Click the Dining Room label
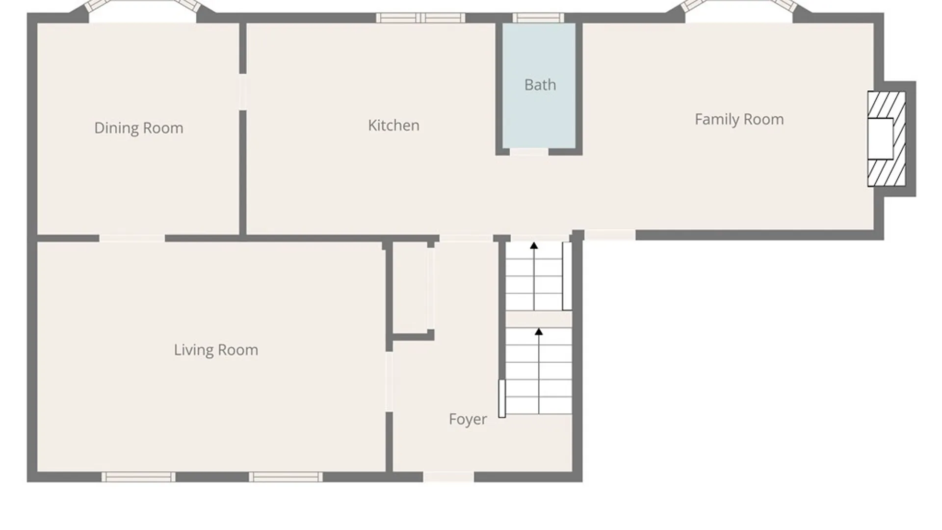point(139,128)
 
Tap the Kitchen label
point(393,126)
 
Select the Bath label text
point(540,85)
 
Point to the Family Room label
point(739,119)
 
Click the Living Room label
point(216,350)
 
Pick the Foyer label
point(468,420)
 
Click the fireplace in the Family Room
point(887,139)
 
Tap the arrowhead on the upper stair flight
point(534,245)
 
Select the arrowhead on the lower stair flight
point(539,332)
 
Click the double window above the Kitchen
point(420,18)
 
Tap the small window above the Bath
point(538,18)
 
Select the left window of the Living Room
point(138,477)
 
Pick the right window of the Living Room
point(286,477)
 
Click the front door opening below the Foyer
point(448,477)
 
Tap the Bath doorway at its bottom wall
point(529,152)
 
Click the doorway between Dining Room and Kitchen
point(242,92)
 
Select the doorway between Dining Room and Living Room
point(132,238)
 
